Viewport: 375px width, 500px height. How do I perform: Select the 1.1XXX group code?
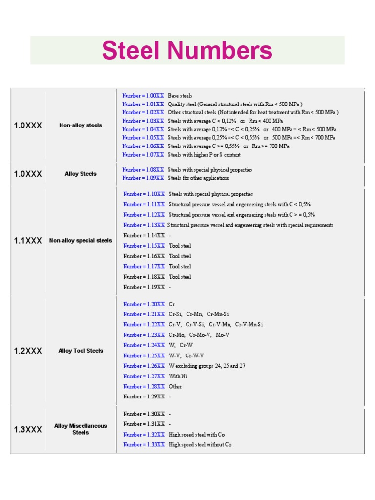click(28, 241)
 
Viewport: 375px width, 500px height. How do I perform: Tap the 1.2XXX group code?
click(28, 351)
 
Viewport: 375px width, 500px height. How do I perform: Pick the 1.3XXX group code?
click(28, 430)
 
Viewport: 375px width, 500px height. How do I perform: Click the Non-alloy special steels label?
click(81, 241)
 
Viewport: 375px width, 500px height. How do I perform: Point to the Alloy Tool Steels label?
click(81, 351)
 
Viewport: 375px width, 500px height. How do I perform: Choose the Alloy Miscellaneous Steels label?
click(81, 429)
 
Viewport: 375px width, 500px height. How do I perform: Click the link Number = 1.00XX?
click(143, 96)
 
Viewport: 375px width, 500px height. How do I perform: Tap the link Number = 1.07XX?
click(143, 155)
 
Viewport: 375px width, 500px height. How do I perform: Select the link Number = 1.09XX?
click(143, 178)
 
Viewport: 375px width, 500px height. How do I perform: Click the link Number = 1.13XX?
click(144, 225)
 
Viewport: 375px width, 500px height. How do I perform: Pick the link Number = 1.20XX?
click(144, 304)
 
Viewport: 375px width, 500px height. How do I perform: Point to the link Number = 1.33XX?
click(144, 445)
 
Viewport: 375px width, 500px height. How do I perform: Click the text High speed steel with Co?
click(197, 435)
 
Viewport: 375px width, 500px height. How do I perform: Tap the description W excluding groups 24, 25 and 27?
click(207, 366)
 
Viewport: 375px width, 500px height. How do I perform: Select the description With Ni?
click(178, 376)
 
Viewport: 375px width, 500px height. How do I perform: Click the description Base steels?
click(180, 96)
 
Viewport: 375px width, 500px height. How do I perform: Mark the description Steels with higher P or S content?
click(204, 155)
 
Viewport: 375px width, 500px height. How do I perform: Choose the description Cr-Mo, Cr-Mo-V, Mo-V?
click(199, 335)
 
